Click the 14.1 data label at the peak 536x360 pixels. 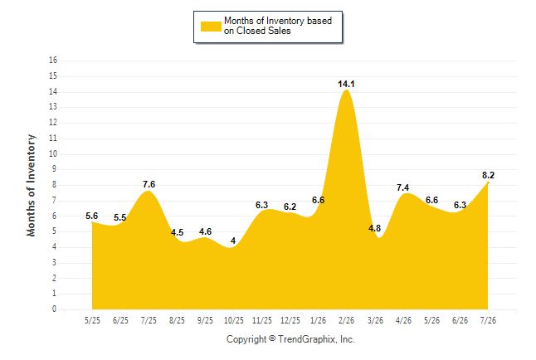(346, 84)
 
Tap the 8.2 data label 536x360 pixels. (488, 175)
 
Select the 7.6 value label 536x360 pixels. (149, 185)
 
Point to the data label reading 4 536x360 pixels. (233, 241)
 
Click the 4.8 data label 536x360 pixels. (375, 228)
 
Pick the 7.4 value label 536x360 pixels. (402, 187)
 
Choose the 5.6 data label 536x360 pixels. (91, 216)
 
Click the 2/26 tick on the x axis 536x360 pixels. (346, 320)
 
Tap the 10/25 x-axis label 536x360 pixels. (234, 320)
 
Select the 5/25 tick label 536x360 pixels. (92, 320)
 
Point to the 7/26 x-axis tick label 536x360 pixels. (488, 320)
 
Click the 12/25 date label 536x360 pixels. (290, 320)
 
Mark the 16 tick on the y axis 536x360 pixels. (53, 61)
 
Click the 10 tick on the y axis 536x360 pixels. (53, 153)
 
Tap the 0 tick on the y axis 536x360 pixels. (55, 309)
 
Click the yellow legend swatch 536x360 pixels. (211, 27)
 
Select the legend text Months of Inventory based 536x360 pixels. (278, 21)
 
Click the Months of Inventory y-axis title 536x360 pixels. (31, 185)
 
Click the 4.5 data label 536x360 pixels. (177, 233)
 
